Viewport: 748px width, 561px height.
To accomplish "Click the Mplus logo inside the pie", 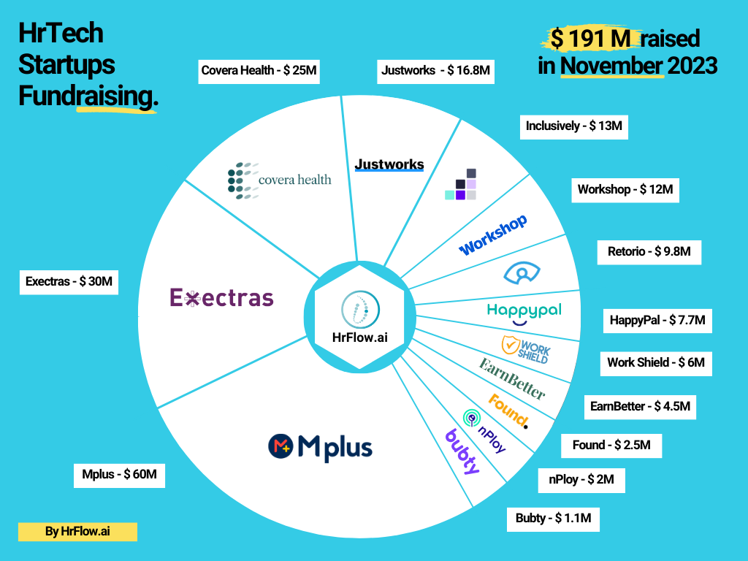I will click(319, 446).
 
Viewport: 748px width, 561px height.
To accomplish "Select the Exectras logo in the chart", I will click(221, 297).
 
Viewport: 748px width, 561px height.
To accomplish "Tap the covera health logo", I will click(279, 180).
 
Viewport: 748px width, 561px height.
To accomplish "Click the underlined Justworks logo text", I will click(389, 164).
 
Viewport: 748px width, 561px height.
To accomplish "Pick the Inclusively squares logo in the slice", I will click(462, 186).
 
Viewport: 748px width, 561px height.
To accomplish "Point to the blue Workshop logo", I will click(493, 235).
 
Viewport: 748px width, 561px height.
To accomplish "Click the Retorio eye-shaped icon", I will click(522, 272).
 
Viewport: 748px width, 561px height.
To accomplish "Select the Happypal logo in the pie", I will click(524, 312).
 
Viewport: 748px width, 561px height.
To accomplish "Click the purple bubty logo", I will click(462, 451).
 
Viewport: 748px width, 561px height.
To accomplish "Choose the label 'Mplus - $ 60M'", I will click(120, 475).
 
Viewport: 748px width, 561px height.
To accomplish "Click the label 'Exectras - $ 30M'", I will click(69, 282).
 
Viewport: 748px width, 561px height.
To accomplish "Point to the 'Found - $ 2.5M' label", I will click(611, 445).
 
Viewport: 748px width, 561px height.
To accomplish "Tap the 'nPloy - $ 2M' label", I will click(581, 480).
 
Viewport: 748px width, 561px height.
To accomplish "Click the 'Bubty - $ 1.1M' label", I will click(553, 518).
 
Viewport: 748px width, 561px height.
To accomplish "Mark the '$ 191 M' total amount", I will click(593, 38).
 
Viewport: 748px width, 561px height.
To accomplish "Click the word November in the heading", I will click(612, 66).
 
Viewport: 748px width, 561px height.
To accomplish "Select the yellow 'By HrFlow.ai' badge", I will click(77, 532).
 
